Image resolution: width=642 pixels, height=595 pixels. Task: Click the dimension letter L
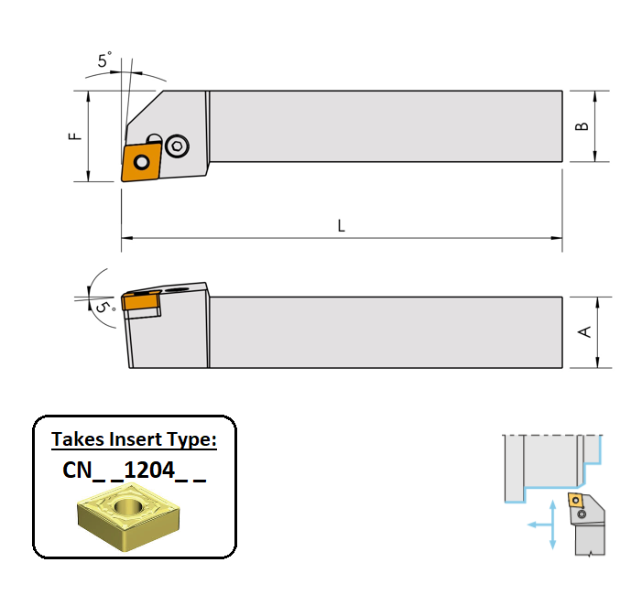(341, 225)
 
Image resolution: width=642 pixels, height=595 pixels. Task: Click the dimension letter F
(75, 136)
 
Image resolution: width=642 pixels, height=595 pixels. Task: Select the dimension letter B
(582, 126)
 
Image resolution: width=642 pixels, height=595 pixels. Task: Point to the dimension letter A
(584, 331)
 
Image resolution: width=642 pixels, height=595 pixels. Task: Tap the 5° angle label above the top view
(104, 60)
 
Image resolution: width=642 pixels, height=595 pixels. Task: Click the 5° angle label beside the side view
(105, 307)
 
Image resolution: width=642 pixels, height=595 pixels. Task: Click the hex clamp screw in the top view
(178, 146)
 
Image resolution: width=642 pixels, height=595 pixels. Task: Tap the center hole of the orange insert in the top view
(142, 162)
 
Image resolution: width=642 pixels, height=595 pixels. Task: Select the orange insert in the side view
(141, 300)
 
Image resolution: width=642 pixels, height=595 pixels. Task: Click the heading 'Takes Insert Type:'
(134, 439)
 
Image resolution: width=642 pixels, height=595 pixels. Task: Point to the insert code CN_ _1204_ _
(134, 470)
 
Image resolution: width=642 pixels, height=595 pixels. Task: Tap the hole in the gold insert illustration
(128, 506)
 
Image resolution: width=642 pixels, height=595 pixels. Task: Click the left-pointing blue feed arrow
(539, 525)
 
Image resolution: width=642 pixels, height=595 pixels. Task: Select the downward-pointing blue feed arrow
(552, 537)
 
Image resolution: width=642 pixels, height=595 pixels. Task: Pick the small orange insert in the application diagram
(576, 500)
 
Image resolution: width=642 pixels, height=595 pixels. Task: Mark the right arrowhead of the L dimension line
(557, 238)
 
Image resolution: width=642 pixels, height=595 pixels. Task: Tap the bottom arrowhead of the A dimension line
(597, 362)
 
